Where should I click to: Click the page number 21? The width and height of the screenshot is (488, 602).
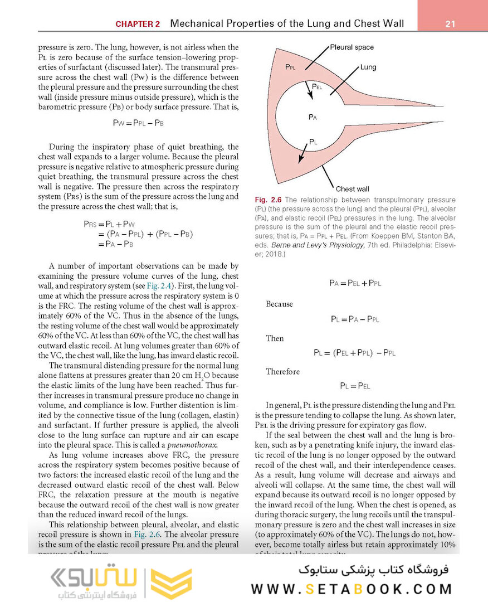(450, 24)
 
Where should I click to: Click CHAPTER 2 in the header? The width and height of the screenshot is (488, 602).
(138, 24)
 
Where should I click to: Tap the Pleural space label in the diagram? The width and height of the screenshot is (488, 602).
(352, 47)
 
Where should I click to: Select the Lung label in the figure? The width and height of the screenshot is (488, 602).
(368, 67)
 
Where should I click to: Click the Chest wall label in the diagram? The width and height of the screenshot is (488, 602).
(352, 189)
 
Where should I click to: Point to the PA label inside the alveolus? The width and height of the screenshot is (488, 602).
(313, 117)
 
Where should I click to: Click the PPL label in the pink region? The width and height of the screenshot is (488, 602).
(290, 67)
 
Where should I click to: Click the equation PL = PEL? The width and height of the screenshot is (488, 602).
(355, 386)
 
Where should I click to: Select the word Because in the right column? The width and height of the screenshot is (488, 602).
(279, 304)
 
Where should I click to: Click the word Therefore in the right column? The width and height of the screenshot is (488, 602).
(282, 371)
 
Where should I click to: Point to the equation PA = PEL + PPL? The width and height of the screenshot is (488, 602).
(355, 283)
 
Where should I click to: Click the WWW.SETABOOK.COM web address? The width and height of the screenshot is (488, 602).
(351, 589)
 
